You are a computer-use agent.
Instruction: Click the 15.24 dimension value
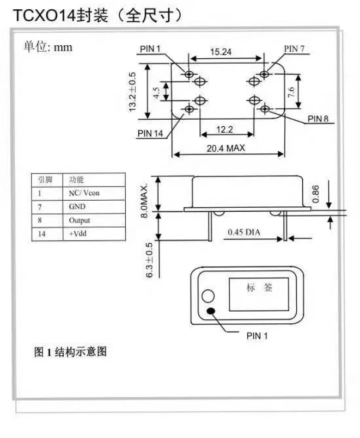[221, 52]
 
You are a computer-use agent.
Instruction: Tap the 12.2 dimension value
[225, 129]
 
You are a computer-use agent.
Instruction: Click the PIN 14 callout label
[150, 134]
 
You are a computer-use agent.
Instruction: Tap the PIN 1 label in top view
[150, 49]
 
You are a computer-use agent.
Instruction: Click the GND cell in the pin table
[77, 207]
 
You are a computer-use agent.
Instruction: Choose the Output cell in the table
[80, 220]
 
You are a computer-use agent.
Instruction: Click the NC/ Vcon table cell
[84, 193]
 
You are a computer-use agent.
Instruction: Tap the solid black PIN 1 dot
[211, 312]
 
